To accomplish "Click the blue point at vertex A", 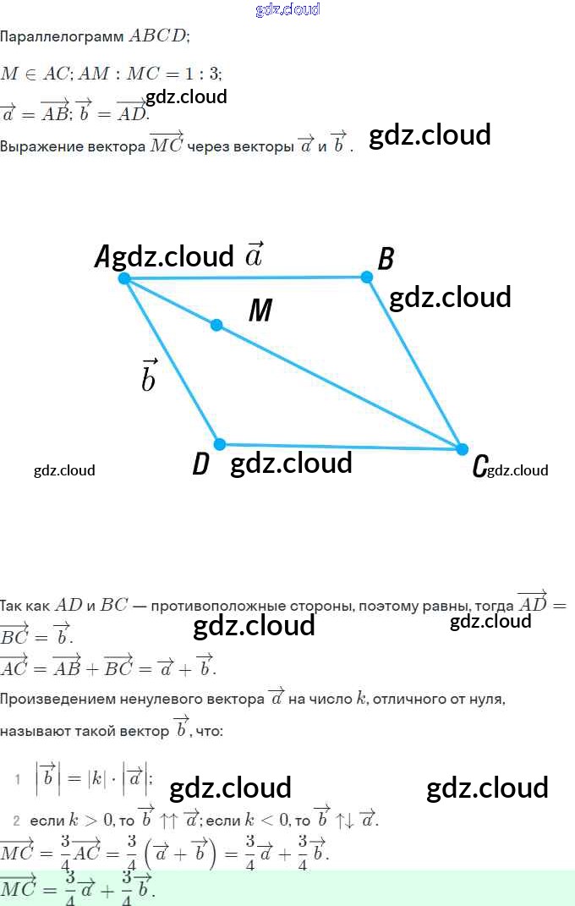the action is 124,278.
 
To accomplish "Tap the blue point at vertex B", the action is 366,277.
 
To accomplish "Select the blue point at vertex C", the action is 462,449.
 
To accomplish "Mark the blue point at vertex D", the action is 220,444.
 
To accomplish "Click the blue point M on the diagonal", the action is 216,325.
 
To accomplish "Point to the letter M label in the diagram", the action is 260,311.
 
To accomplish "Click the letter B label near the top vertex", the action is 386,259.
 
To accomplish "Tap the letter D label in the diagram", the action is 200,464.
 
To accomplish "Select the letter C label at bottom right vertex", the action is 479,466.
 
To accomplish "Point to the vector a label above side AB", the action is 254,254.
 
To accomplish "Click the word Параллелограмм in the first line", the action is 62,37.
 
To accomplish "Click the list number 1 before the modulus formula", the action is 17,779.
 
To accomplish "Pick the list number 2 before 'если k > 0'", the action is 16,821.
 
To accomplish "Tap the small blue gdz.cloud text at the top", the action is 287,9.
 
